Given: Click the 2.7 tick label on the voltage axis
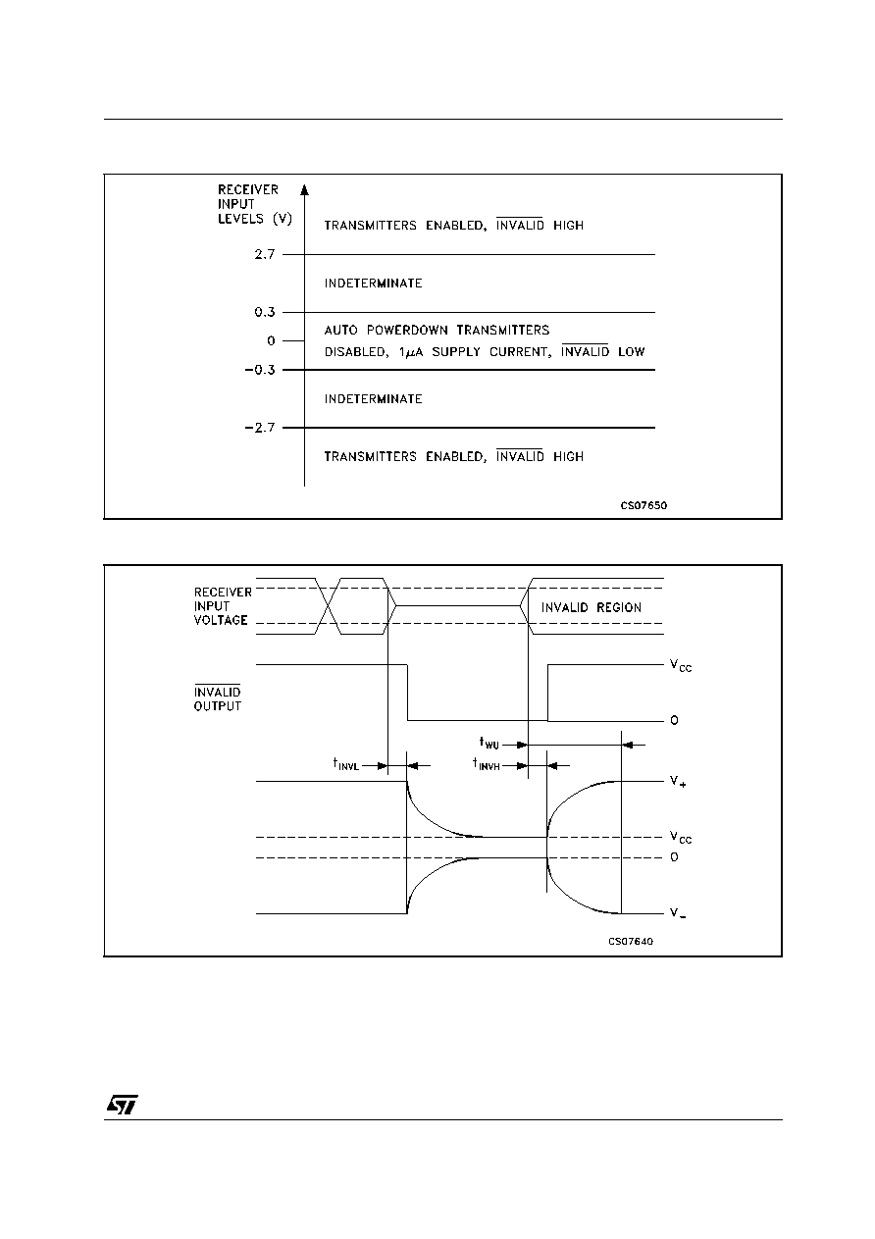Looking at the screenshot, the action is coord(265,254).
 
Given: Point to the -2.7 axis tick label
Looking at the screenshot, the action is coord(260,428).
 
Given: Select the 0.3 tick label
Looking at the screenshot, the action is coord(265,312).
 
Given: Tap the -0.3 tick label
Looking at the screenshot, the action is coord(260,370).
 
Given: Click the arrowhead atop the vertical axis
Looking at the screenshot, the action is coord(304,189).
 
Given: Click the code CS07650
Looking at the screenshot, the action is coord(643,505).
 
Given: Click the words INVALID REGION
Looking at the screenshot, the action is coord(591,607).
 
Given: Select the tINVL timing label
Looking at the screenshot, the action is coord(345,764).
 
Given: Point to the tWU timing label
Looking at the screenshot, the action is coord(489,743).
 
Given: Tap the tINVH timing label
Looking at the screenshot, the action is coord(487,764).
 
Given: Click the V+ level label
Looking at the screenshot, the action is coord(678,781).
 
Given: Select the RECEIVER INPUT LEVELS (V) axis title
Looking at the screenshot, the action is coord(254,204).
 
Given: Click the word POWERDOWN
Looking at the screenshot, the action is coord(407,331).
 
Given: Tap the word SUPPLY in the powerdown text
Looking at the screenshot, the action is coord(456,352).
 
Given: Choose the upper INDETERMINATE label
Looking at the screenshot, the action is coord(373,284).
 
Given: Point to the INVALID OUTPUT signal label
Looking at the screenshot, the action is coord(218,698).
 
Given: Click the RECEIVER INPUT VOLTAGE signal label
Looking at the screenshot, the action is coord(223,606).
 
